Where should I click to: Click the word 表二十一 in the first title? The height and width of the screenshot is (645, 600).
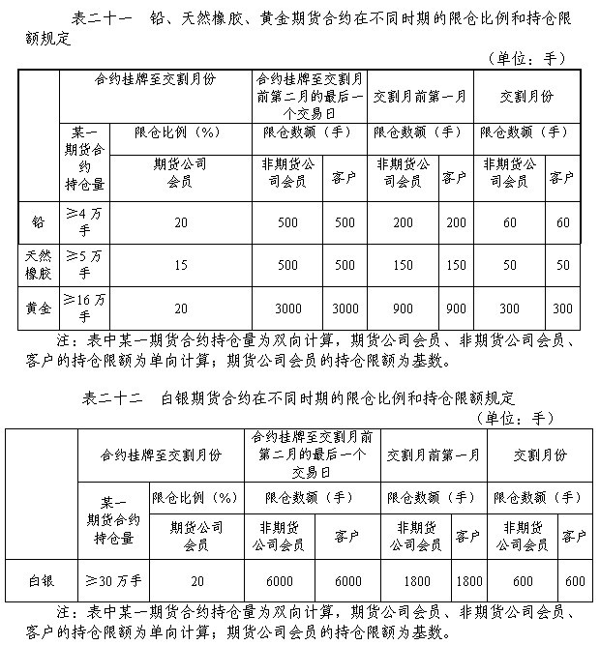[104, 18]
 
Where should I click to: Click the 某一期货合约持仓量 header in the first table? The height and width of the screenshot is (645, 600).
[82, 159]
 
